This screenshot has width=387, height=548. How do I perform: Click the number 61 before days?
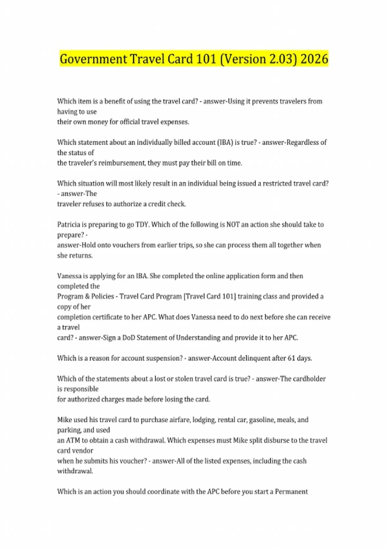tap(291, 358)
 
